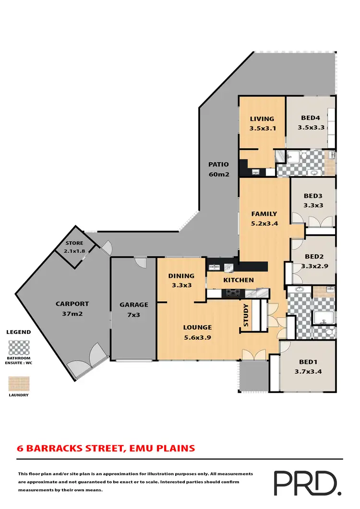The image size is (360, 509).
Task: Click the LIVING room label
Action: [262, 123]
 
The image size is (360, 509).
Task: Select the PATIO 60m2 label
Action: [218, 169]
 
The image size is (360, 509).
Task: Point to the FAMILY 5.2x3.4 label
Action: [264, 218]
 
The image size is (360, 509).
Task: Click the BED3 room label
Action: [313, 200]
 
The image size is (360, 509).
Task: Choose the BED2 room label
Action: [313, 261]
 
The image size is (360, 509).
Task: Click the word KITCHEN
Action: [238, 280]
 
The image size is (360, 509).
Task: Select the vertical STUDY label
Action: [246, 315]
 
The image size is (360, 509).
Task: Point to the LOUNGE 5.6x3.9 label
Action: [197, 332]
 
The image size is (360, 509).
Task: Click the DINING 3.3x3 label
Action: [181, 280]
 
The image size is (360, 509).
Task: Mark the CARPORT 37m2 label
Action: [72, 308]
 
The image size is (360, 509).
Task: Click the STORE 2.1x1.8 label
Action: [74, 247]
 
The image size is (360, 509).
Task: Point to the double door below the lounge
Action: [253, 355]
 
